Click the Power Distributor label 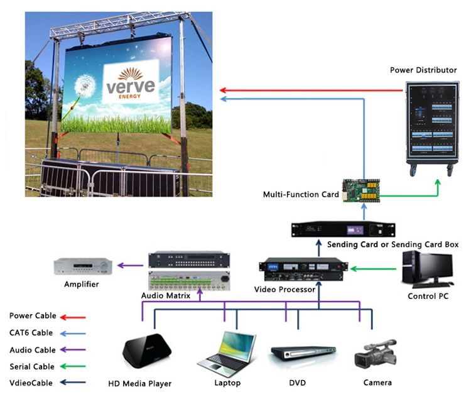423,70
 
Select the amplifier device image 82,266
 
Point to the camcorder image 376,353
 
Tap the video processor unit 304,270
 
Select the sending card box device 345,229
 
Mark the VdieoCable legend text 31,383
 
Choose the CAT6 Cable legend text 31,333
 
